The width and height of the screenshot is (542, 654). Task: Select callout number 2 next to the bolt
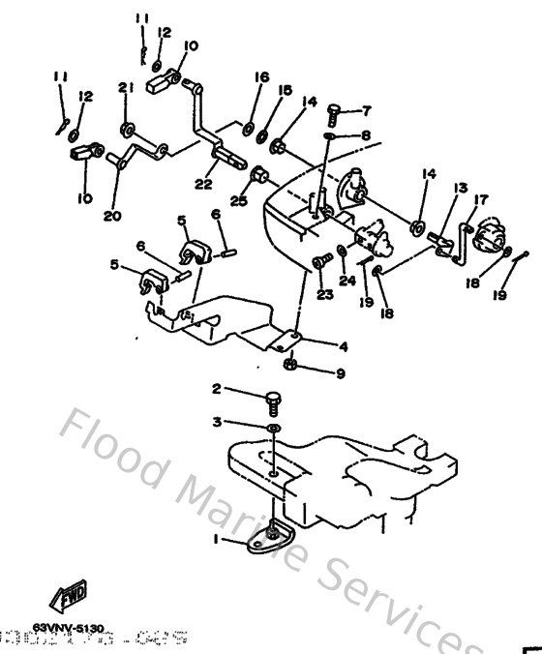click(217, 389)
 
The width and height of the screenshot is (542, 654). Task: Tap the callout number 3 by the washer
click(217, 422)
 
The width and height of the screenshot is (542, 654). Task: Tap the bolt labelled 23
click(318, 261)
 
